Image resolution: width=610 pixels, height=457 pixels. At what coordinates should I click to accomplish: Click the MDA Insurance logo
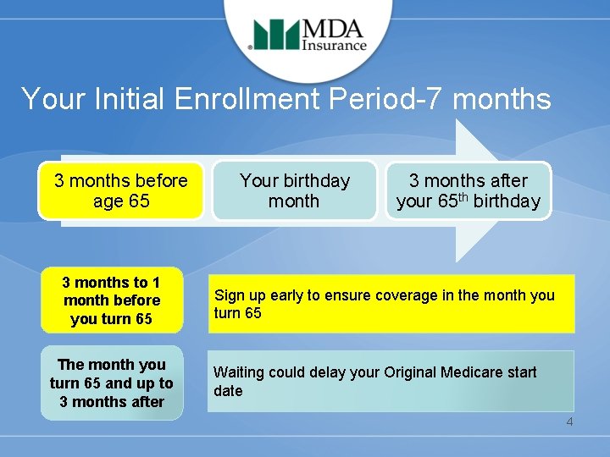[x=308, y=35]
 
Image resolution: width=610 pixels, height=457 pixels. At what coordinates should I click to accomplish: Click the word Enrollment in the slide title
[x=245, y=99]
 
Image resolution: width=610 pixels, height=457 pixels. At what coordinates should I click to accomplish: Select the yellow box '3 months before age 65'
[x=121, y=191]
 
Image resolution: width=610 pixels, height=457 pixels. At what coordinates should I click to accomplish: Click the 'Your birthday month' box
[x=294, y=191]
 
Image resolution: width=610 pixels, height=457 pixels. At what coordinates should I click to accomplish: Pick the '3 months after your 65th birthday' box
[x=468, y=191]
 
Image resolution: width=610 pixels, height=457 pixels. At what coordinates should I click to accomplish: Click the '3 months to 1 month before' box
[x=112, y=300]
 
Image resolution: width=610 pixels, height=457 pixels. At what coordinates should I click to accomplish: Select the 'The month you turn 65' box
[x=112, y=383]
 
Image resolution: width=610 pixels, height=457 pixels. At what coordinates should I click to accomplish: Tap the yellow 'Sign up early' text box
[x=391, y=304]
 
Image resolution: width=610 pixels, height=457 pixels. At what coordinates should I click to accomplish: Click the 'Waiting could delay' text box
[x=391, y=381]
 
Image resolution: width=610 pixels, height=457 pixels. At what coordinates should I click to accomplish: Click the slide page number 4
[x=569, y=421]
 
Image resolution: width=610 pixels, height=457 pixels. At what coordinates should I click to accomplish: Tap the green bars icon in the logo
[x=276, y=35]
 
